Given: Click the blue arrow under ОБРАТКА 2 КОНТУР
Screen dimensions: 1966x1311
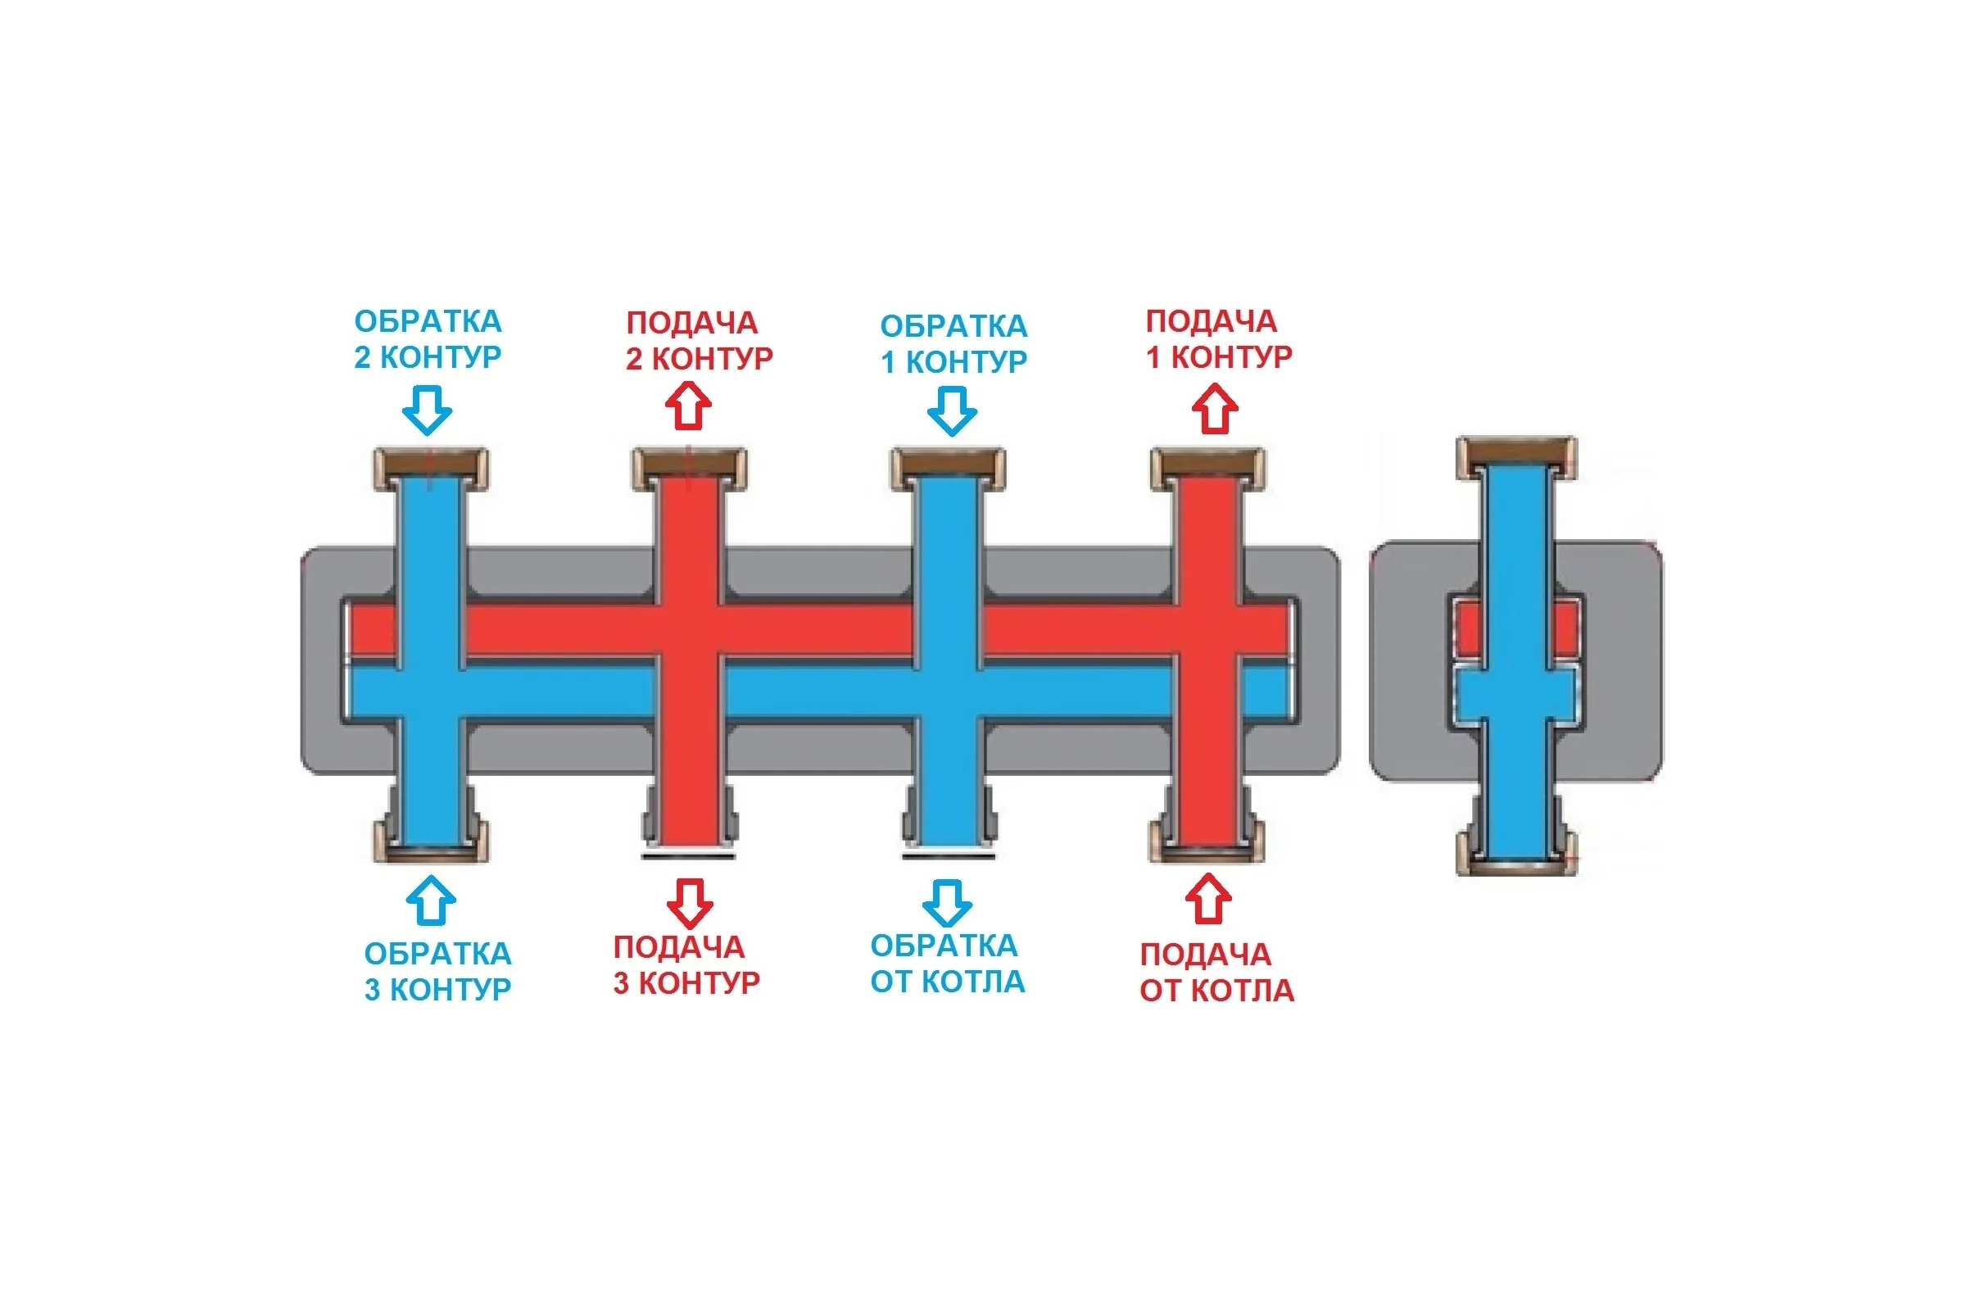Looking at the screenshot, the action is click(427, 411).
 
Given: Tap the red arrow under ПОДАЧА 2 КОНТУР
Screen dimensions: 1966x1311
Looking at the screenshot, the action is click(688, 406).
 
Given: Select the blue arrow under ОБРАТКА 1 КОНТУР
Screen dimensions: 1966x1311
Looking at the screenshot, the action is click(952, 411).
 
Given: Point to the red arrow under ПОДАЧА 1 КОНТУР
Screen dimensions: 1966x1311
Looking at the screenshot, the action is click(1215, 408).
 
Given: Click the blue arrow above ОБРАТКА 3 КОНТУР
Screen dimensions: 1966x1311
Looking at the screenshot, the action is click(431, 900).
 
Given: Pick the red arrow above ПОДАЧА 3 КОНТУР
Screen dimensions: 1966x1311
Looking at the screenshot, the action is click(690, 903).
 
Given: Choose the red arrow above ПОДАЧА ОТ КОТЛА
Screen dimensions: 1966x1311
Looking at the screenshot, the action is click(1209, 899).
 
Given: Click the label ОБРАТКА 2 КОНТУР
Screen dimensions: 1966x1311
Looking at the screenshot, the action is click(428, 338).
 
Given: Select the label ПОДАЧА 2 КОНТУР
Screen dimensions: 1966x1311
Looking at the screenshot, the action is click(700, 340).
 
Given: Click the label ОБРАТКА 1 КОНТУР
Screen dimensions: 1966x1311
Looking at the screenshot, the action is click(954, 343).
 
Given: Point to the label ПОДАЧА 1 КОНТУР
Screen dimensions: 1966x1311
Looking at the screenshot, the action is click(1219, 338).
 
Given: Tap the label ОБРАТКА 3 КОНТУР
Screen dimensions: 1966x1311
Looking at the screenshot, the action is click(438, 971).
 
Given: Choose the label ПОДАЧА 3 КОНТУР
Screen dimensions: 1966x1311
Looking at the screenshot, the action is click(686, 965).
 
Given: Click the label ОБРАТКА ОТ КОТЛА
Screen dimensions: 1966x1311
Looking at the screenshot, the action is click(948, 964).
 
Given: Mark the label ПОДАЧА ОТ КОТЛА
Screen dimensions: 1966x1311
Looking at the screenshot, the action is click(1217, 973).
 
